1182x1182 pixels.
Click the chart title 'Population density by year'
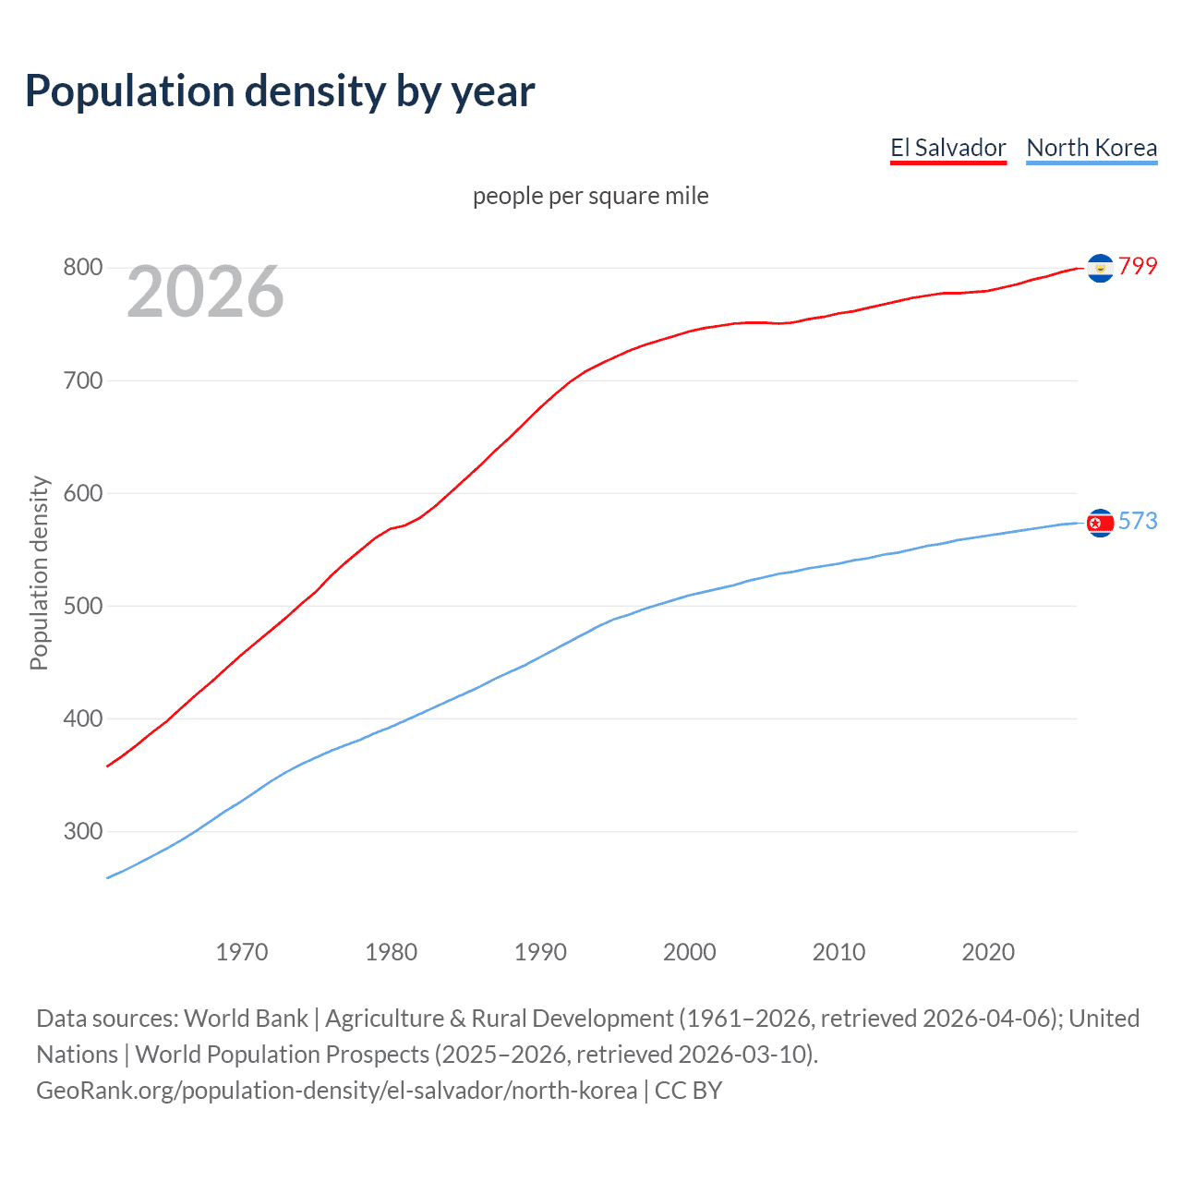click(280, 91)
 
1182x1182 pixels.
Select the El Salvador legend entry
click(947, 148)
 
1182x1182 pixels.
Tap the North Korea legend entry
click(1092, 148)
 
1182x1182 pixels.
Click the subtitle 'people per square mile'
click(590, 196)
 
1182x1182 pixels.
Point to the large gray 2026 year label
click(205, 292)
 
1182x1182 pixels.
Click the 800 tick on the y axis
click(82, 268)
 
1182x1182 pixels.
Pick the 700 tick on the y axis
click(82, 380)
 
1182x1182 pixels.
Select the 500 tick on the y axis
click(82, 606)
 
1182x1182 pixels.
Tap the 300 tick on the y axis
click(82, 831)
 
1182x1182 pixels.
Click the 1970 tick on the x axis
click(242, 952)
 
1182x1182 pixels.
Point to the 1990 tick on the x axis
click(540, 952)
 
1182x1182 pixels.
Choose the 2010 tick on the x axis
click(838, 952)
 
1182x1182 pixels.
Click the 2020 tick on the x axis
click(988, 952)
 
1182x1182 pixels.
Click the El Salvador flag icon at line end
click(1100, 268)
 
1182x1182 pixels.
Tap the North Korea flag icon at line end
click(1100, 523)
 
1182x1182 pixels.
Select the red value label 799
click(1138, 267)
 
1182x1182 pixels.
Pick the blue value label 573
click(1138, 522)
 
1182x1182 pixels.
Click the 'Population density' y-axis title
click(39, 573)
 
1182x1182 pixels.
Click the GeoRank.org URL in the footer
click(336, 1091)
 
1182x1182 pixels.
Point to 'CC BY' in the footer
click(688, 1091)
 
